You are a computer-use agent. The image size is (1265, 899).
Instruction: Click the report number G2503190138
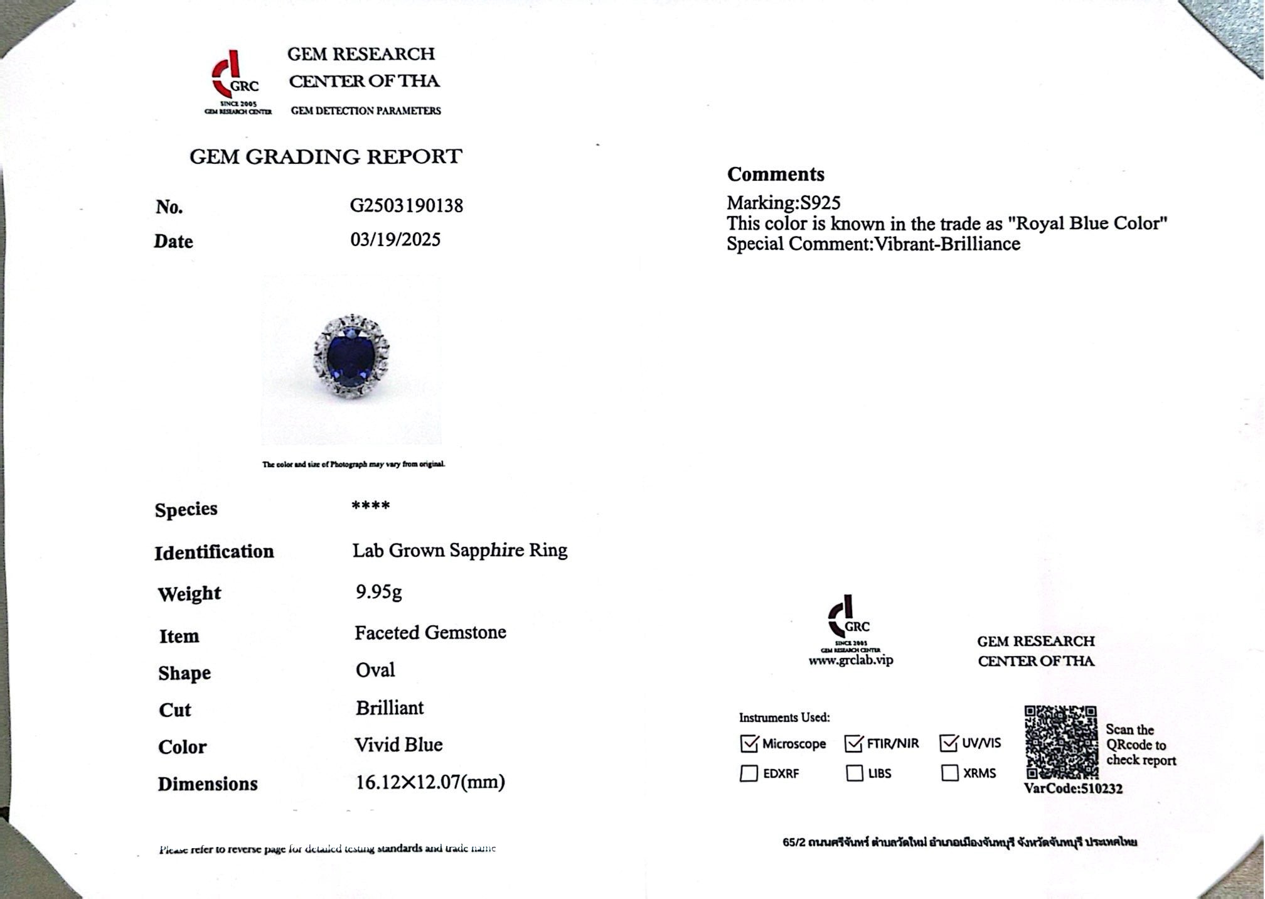[x=406, y=206]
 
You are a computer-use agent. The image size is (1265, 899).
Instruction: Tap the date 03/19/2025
[x=395, y=240]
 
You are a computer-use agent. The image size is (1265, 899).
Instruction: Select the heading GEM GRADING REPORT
[x=326, y=156]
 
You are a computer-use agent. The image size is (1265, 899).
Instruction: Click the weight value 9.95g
[x=378, y=591]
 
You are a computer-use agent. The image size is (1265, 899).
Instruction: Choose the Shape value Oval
[x=375, y=670]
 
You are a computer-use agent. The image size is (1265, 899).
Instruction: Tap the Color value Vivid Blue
[x=398, y=745]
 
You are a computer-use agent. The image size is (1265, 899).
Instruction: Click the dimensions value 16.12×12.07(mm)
[x=430, y=782]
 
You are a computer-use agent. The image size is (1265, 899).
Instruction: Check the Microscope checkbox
[x=749, y=744]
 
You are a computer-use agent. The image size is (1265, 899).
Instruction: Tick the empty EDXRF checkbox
[x=749, y=773]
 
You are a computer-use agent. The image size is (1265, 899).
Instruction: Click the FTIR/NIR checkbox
[x=854, y=744]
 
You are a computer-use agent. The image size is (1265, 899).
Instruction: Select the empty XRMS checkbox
[x=950, y=773]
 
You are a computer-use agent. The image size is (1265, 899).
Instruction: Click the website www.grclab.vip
[x=850, y=660]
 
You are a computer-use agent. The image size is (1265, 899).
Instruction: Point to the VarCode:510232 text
[x=1073, y=789]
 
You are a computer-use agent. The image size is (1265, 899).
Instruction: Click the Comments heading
[x=776, y=175]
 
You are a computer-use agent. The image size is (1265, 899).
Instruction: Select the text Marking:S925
[x=783, y=203]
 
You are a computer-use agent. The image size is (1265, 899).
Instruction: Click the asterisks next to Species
[x=371, y=506]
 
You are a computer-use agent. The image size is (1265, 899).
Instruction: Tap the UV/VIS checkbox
[x=949, y=744]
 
